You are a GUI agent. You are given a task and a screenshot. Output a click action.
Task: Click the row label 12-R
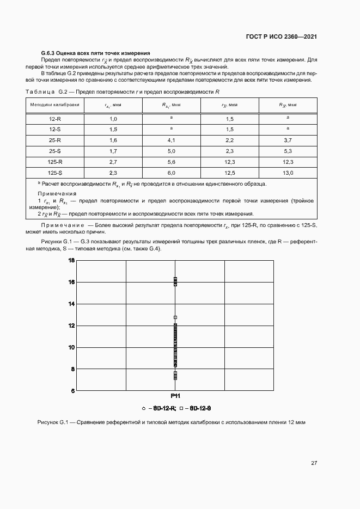click(x=55, y=118)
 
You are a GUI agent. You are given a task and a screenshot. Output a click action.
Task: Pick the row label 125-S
click(x=55, y=173)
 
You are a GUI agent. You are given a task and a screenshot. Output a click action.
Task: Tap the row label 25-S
click(x=55, y=151)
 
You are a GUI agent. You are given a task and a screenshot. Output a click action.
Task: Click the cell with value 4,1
click(x=171, y=140)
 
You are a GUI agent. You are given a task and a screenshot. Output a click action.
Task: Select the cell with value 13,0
click(x=288, y=173)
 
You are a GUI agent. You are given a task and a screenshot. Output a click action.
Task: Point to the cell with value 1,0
click(x=113, y=118)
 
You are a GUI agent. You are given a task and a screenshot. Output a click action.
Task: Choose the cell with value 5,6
click(x=171, y=162)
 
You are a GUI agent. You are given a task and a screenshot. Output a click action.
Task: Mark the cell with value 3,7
click(x=288, y=140)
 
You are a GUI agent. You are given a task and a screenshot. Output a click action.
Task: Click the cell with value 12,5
click(x=229, y=173)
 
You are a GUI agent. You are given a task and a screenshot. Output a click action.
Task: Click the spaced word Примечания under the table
click(x=57, y=194)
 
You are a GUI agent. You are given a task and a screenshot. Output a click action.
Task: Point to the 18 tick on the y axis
click(x=71, y=261)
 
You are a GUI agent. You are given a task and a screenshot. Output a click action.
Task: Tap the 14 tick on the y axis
click(x=71, y=304)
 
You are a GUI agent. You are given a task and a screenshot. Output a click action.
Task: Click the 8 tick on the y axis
click(x=71, y=369)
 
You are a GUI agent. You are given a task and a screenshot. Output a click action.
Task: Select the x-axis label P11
click(x=175, y=396)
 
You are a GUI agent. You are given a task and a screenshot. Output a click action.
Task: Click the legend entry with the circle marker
click(x=158, y=408)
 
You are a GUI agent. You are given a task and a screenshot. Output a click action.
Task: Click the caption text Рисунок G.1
click(x=52, y=422)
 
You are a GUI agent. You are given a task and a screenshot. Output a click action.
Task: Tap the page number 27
click(x=314, y=463)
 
